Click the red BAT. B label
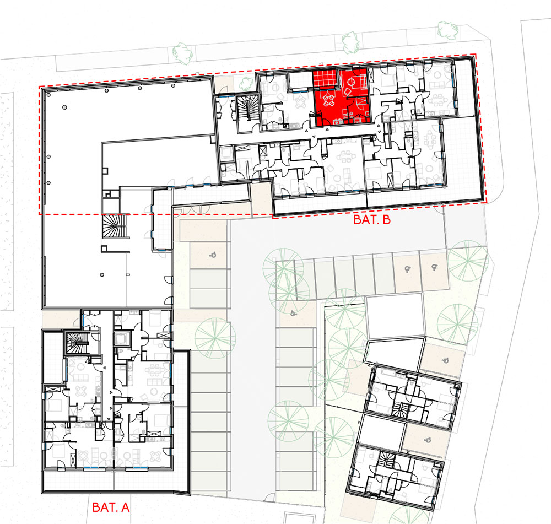(x=372, y=220)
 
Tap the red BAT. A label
(x=111, y=507)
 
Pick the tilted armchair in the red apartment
(x=348, y=91)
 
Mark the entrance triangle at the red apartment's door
(x=327, y=129)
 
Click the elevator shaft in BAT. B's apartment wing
(x=225, y=153)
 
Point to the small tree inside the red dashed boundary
(x=246, y=83)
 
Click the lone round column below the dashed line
(x=102, y=275)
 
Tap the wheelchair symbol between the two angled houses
(x=428, y=439)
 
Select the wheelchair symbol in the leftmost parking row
(x=213, y=255)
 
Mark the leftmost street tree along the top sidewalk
(x=183, y=53)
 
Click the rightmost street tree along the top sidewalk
(x=447, y=30)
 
